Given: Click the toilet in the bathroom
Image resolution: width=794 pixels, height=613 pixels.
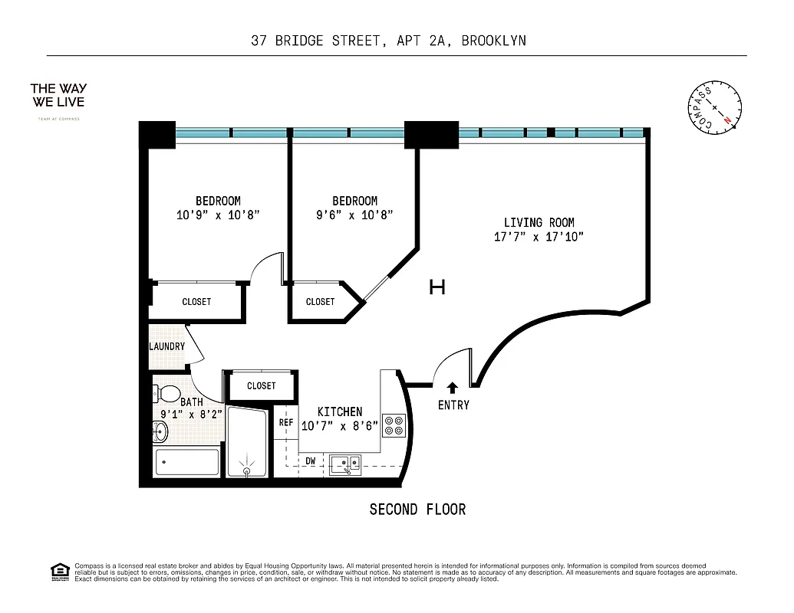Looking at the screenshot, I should (164, 395).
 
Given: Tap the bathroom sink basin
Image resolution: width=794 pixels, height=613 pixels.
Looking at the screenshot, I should (160, 433).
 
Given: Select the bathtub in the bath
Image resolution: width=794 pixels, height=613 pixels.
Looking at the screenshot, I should (187, 463).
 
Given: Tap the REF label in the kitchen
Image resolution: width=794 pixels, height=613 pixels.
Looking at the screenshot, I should (285, 422).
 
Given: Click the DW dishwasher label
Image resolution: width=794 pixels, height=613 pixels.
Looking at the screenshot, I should (311, 461).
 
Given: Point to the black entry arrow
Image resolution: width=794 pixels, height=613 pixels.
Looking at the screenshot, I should (453, 388).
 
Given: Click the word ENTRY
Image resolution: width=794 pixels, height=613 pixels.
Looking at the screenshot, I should (453, 405).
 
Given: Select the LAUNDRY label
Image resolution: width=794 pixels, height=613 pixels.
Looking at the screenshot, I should (166, 346).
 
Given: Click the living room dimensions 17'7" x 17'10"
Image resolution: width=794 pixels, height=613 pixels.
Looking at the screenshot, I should (539, 237).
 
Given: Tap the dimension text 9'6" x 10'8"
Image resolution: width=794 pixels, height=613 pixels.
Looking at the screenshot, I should (354, 215).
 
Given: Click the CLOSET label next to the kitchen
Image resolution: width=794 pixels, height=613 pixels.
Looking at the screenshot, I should (261, 385).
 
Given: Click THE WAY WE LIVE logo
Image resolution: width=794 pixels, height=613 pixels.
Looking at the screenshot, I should (58, 95).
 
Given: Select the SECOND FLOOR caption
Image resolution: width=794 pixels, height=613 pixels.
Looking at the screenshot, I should (417, 510).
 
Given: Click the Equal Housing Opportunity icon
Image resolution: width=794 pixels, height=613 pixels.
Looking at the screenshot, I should (59, 571).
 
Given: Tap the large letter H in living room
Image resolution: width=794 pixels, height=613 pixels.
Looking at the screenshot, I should (437, 287).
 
